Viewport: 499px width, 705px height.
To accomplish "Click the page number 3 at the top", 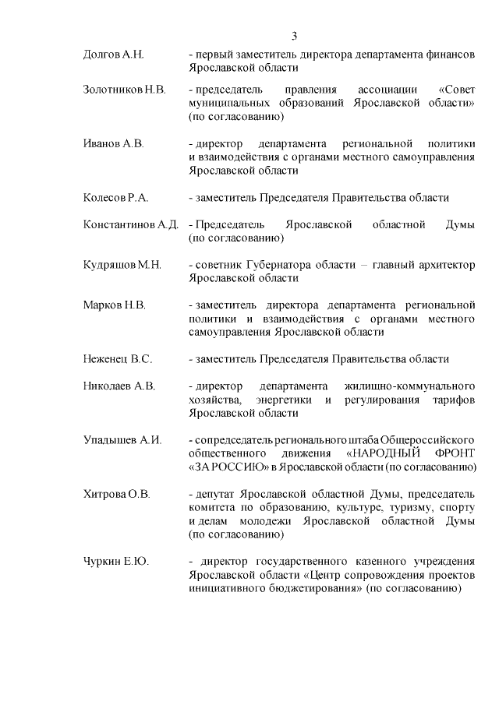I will pos(295,36).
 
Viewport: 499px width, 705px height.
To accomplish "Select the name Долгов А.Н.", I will pos(115,55).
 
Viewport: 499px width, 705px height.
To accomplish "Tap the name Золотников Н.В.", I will pos(124,90).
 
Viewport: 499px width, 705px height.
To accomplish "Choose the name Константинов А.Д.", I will pos(131,224).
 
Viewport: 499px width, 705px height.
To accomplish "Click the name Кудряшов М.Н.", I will pos(122,265).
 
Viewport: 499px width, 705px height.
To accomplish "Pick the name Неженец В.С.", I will pos(117,359).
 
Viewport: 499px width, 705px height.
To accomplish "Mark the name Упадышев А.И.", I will pos(122,440).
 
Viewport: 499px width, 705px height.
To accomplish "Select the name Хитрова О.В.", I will pos(116,494).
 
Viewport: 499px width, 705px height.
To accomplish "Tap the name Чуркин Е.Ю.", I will pos(115,562).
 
